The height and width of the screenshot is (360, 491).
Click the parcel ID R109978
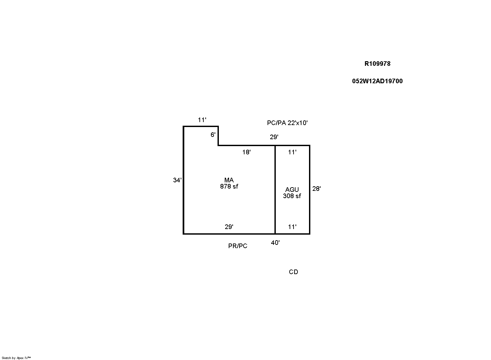pyautogui.click(x=377, y=64)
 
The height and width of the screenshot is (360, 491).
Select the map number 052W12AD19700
pyautogui.click(x=377, y=81)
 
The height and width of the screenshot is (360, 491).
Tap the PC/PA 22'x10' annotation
pyautogui.click(x=287, y=123)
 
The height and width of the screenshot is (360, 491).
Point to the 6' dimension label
pyautogui.click(x=213, y=135)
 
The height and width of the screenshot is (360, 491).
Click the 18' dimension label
pyautogui.click(x=246, y=152)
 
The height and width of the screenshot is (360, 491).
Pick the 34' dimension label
pyautogui.click(x=177, y=180)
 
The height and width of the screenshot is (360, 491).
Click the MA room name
pyautogui.click(x=229, y=180)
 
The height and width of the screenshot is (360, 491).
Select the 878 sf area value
pyautogui.click(x=229, y=186)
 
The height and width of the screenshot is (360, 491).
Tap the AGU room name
pyautogui.click(x=292, y=190)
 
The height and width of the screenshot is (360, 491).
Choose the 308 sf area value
pyautogui.click(x=292, y=196)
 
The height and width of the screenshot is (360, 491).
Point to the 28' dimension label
pyautogui.click(x=317, y=189)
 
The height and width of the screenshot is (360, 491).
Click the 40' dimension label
pyautogui.click(x=275, y=243)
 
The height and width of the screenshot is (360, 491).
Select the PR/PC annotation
pyautogui.click(x=238, y=246)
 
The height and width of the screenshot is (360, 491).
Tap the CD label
pyautogui.click(x=294, y=272)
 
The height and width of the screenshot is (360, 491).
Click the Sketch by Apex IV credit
pyautogui.click(x=16, y=358)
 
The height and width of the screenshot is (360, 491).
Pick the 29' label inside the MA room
pyautogui.click(x=229, y=227)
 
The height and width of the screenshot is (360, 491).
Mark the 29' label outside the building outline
pyautogui.click(x=274, y=137)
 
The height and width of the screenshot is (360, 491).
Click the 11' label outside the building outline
pyautogui.click(x=202, y=120)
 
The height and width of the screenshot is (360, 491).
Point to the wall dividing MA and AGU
pyautogui.click(x=275, y=190)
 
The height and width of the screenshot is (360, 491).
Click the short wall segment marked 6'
pyautogui.click(x=218, y=136)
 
